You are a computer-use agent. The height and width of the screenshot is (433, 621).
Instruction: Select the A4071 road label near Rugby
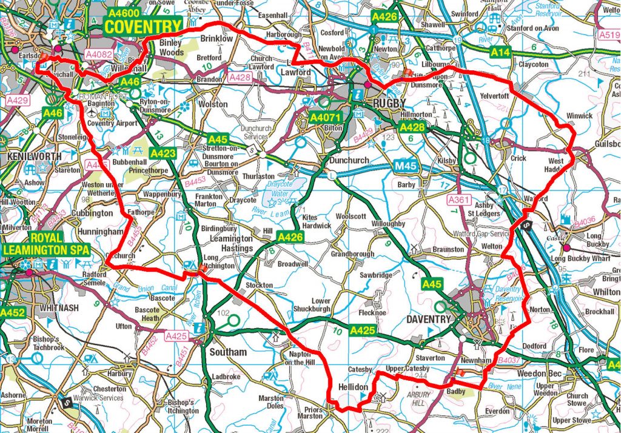(x=325, y=117)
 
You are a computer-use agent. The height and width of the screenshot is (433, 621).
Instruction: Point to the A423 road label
(x=163, y=153)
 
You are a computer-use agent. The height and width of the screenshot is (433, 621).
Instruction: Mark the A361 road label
(x=459, y=199)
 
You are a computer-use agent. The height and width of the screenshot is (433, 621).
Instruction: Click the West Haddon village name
(x=556, y=166)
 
